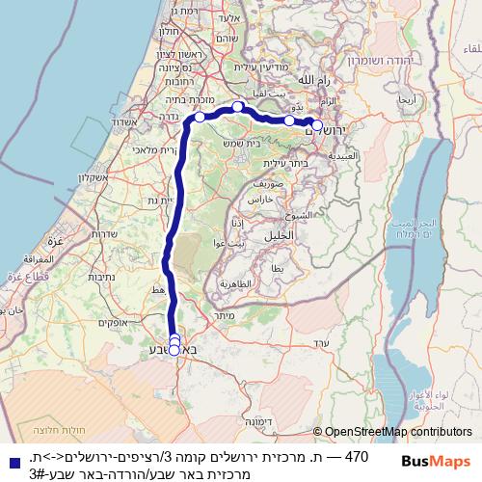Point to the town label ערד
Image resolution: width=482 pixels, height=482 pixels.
pos(323,342)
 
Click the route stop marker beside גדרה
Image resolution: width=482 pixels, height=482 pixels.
pos(200,117)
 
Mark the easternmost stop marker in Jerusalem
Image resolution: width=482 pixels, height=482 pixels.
pos(317,124)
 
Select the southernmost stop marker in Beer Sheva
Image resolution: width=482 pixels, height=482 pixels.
pos(174,350)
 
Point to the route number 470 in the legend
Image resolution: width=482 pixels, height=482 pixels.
pos(357,454)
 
